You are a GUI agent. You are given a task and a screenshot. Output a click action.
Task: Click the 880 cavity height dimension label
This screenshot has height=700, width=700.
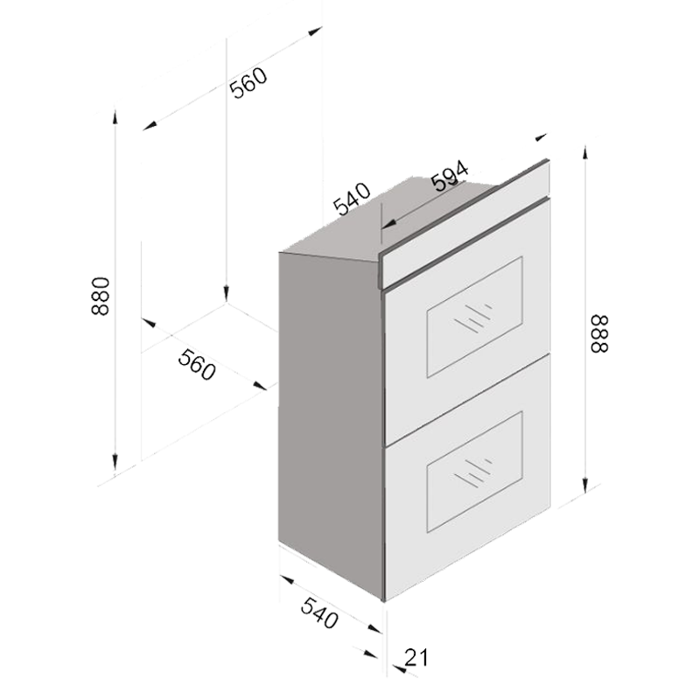pos(100,297)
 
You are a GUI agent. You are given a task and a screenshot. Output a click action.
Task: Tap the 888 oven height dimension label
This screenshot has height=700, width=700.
pos(599,334)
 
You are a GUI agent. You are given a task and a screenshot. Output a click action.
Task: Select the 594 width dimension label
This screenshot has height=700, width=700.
pos(450,176)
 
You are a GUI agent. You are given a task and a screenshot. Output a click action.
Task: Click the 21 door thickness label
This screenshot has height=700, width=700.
pos(416,657)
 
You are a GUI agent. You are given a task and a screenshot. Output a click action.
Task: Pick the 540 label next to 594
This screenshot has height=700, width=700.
pos(352,199)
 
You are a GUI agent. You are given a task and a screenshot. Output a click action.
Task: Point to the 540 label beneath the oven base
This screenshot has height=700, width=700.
pos(319,613)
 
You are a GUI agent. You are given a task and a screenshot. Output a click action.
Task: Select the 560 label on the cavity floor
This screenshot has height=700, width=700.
pos(197,365)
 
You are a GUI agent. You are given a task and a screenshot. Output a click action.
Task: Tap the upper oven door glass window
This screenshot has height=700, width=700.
pos(474,318)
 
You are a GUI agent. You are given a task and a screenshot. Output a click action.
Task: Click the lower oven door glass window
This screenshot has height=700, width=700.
pos(474,472)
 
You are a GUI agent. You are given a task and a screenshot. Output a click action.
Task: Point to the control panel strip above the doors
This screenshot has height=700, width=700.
pos(465,223)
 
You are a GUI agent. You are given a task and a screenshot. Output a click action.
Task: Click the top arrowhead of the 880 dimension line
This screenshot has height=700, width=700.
pos(115,117)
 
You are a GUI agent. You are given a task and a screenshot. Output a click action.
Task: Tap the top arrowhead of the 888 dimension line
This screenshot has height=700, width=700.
pos(585,153)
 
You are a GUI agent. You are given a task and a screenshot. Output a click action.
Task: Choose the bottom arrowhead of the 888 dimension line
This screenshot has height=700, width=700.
pos(585,485)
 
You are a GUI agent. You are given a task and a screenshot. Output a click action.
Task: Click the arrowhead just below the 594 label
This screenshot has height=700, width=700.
pos(389,224)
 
